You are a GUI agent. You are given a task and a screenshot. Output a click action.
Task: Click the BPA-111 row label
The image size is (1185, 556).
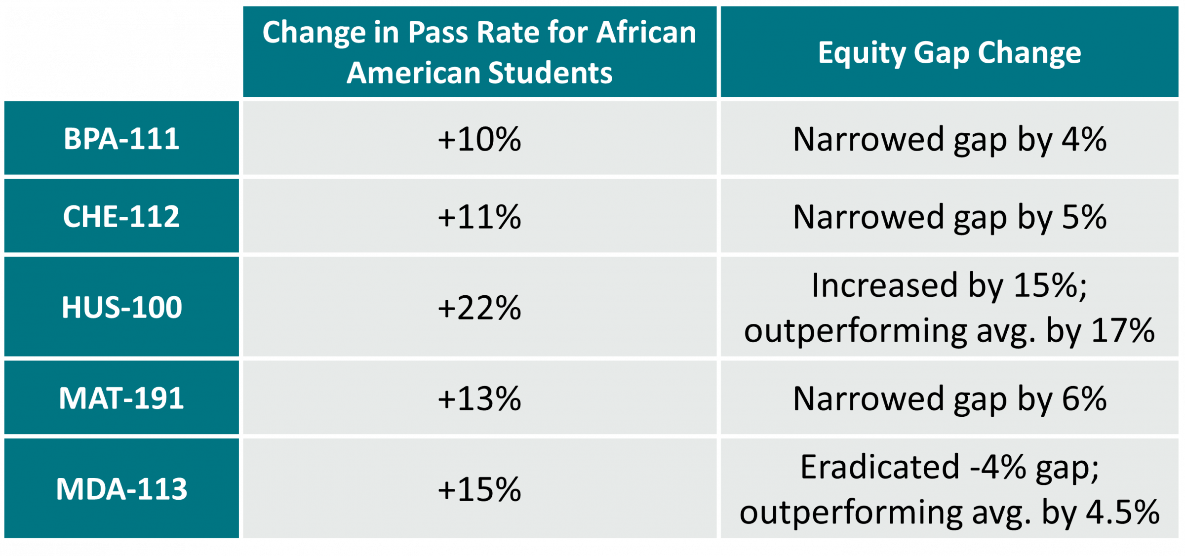point(121,139)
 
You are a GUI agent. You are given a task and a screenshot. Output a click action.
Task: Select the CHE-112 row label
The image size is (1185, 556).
point(121,216)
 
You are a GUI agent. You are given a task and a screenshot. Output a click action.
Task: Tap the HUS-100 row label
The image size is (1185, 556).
point(121,307)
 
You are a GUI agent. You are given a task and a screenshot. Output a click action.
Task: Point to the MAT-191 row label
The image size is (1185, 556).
point(121,398)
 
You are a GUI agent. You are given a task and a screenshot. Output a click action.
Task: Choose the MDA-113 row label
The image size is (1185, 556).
point(121,489)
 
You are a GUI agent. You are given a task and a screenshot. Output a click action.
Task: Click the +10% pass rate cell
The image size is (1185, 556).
point(479,139)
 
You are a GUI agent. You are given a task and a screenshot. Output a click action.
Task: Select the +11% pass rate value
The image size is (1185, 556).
point(479,216)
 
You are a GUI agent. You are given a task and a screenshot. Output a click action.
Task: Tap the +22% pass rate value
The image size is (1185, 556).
point(479,308)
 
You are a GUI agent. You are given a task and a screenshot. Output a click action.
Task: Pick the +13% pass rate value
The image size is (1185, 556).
point(479,398)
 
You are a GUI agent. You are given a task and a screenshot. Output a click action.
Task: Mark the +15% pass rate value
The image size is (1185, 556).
point(479,489)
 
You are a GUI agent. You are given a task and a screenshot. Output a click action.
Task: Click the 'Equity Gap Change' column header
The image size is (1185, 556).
point(949,53)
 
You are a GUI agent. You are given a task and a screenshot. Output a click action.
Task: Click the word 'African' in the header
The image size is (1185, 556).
point(646,32)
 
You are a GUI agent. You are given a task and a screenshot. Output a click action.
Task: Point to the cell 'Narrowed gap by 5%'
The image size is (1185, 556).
point(949,217)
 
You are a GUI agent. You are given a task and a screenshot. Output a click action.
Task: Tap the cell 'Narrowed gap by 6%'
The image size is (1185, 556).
point(949,399)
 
